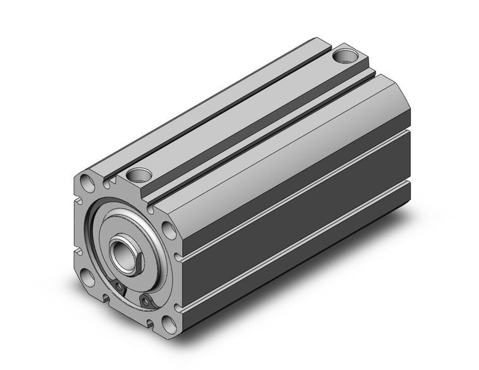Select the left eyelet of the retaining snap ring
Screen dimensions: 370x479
(x=120, y=289)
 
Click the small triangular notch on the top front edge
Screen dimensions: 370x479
(x=113, y=183)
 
